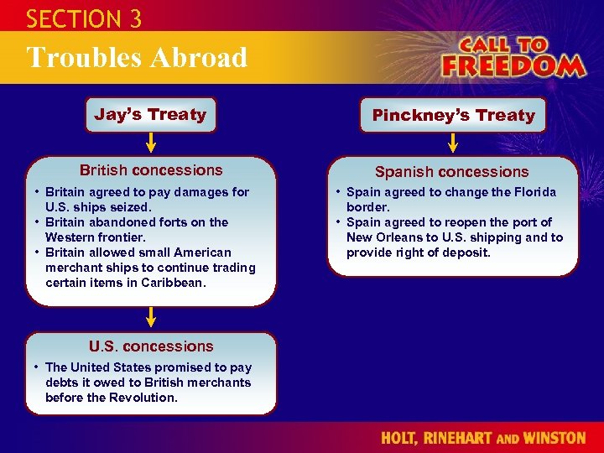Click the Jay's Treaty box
(x=150, y=115)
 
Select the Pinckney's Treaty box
(x=453, y=116)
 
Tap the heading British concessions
(x=151, y=170)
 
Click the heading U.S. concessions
(x=151, y=346)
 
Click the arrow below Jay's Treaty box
(x=151, y=143)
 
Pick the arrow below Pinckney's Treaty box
(x=453, y=143)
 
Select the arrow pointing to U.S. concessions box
(x=151, y=317)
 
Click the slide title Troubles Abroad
(x=137, y=58)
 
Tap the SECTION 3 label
(x=84, y=18)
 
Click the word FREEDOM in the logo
(x=513, y=65)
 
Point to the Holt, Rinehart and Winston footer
(x=483, y=438)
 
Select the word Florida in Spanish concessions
(x=533, y=192)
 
